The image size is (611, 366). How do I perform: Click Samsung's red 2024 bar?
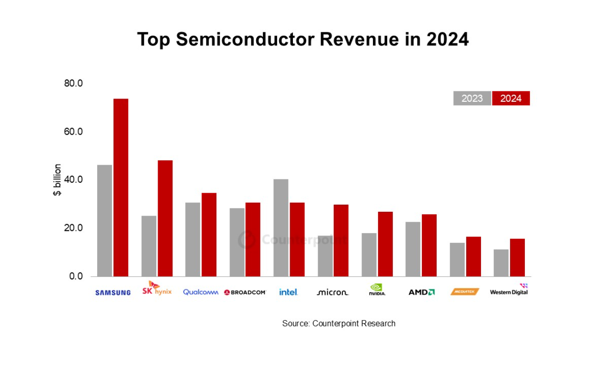(121, 188)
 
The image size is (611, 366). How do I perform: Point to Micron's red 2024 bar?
(341, 240)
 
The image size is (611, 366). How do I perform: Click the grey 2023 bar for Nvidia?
(369, 255)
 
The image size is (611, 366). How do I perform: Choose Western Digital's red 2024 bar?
(517, 257)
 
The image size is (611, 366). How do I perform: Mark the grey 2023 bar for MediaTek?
(457, 259)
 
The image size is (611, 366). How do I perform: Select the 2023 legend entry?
(472, 99)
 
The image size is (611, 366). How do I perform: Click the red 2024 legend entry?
(511, 99)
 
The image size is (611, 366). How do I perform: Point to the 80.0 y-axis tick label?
(73, 83)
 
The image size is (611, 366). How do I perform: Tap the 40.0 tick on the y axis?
(73, 179)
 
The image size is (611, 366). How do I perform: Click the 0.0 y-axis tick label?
(75, 276)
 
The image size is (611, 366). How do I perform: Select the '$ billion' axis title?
(57, 180)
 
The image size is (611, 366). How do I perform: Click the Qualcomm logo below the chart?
(200, 292)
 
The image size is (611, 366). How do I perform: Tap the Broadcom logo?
(245, 292)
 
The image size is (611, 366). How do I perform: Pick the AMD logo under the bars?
(421, 292)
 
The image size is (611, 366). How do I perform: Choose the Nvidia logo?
(377, 290)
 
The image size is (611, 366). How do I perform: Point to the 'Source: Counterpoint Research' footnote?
(339, 324)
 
